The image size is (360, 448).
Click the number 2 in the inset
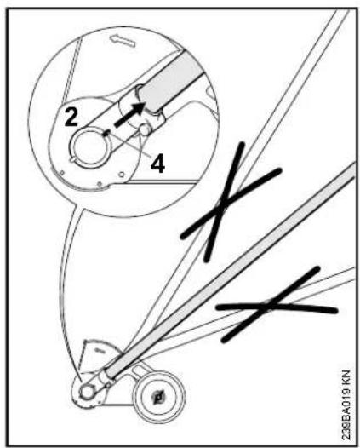tap(71, 118)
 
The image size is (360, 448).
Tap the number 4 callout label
tap(158, 164)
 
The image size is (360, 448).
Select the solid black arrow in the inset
tap(129, 114)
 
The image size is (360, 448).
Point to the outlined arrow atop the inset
tap(123, 40)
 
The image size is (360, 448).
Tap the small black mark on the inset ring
tap(106, 133)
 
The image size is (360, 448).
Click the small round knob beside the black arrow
tap(145, 129)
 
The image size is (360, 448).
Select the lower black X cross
tap(277, 305)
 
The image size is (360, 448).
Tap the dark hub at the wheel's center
tap(158, 397)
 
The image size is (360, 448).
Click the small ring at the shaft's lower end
tap(87, 392)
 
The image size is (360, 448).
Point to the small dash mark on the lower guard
tap(98, 350)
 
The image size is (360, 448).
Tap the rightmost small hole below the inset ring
tap(122, 174)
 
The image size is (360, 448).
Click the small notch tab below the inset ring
tap(74, 160)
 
